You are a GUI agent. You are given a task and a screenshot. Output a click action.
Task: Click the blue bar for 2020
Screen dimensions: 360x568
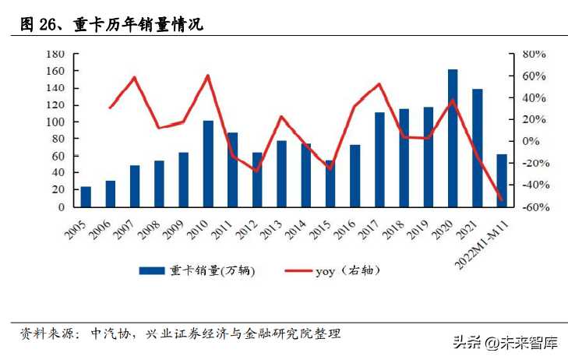[453, 139]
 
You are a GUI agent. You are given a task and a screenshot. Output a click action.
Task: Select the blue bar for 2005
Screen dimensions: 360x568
[86, 197]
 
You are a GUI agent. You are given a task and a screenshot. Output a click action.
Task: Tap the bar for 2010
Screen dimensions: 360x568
[208, 164]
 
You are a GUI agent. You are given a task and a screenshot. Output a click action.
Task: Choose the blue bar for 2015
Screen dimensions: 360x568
[330, 184]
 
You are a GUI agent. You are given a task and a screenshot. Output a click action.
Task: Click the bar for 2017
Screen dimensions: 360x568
[379, 160]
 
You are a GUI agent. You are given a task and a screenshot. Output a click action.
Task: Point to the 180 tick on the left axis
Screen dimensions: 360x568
[55, 55]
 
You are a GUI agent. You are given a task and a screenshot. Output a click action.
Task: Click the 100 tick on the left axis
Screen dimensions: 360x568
[55, 122]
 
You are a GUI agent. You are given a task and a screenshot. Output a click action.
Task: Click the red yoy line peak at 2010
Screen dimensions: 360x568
[208, 76]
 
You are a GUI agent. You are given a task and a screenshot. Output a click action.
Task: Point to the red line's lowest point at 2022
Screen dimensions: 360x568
[502, 201]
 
